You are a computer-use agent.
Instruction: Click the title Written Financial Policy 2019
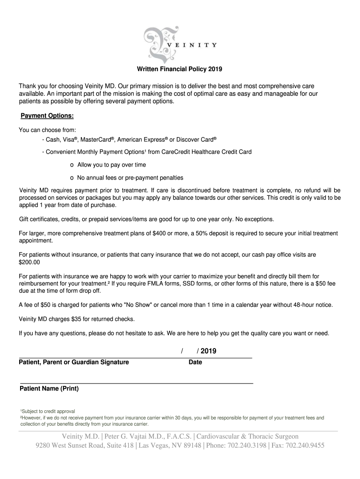pyautogui.click(x=180, y=70)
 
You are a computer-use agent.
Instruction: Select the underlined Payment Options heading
pyautogui.click(x=47, y=116)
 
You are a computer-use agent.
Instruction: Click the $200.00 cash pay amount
pyautogui.click(x=29, y=262)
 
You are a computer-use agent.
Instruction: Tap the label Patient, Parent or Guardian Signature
pyautogui.click(x=74, y=362)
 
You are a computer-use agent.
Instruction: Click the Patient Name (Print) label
pyautogui.click(x=49, y=389)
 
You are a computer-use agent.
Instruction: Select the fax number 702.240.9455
pyautogui.click(x=305, y=445)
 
